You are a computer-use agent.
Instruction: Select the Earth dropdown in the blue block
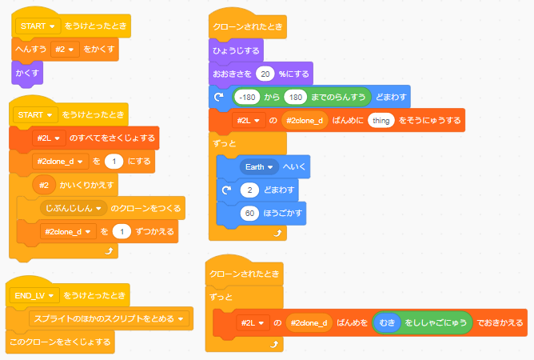258,167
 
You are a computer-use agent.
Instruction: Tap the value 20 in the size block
267,74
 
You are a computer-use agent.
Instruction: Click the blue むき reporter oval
389,322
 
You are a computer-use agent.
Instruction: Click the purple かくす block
28,73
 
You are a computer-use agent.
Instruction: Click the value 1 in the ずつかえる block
122,231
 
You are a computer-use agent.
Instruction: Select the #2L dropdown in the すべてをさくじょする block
49,138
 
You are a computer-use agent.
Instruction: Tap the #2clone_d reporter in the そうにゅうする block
305,121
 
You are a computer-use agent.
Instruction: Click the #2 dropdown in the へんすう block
64,50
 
